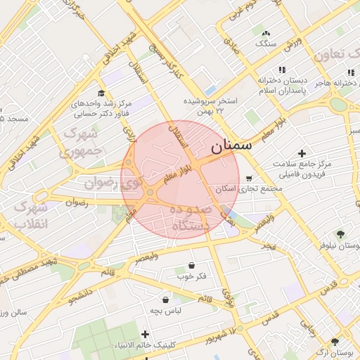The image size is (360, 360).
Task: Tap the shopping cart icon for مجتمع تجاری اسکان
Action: coord(250,179)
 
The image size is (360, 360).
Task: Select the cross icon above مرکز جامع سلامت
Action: coord(302,153)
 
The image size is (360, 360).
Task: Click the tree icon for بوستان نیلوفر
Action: coord(342,234)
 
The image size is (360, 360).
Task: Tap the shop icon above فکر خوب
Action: coord(192,266)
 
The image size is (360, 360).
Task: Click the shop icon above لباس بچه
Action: coord(166,300)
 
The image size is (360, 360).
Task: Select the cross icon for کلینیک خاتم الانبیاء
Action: coord(146,334)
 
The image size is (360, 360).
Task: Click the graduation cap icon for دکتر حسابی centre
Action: coord(101,93)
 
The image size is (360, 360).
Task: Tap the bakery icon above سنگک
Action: coord(265,33)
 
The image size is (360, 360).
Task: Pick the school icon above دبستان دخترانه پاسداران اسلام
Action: coord(282,70)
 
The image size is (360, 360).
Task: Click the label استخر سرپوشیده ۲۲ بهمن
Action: coord(211,106)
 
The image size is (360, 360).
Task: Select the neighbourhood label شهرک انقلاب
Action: coord(31,215)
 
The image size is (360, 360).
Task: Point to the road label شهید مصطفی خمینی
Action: coord(28,271)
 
